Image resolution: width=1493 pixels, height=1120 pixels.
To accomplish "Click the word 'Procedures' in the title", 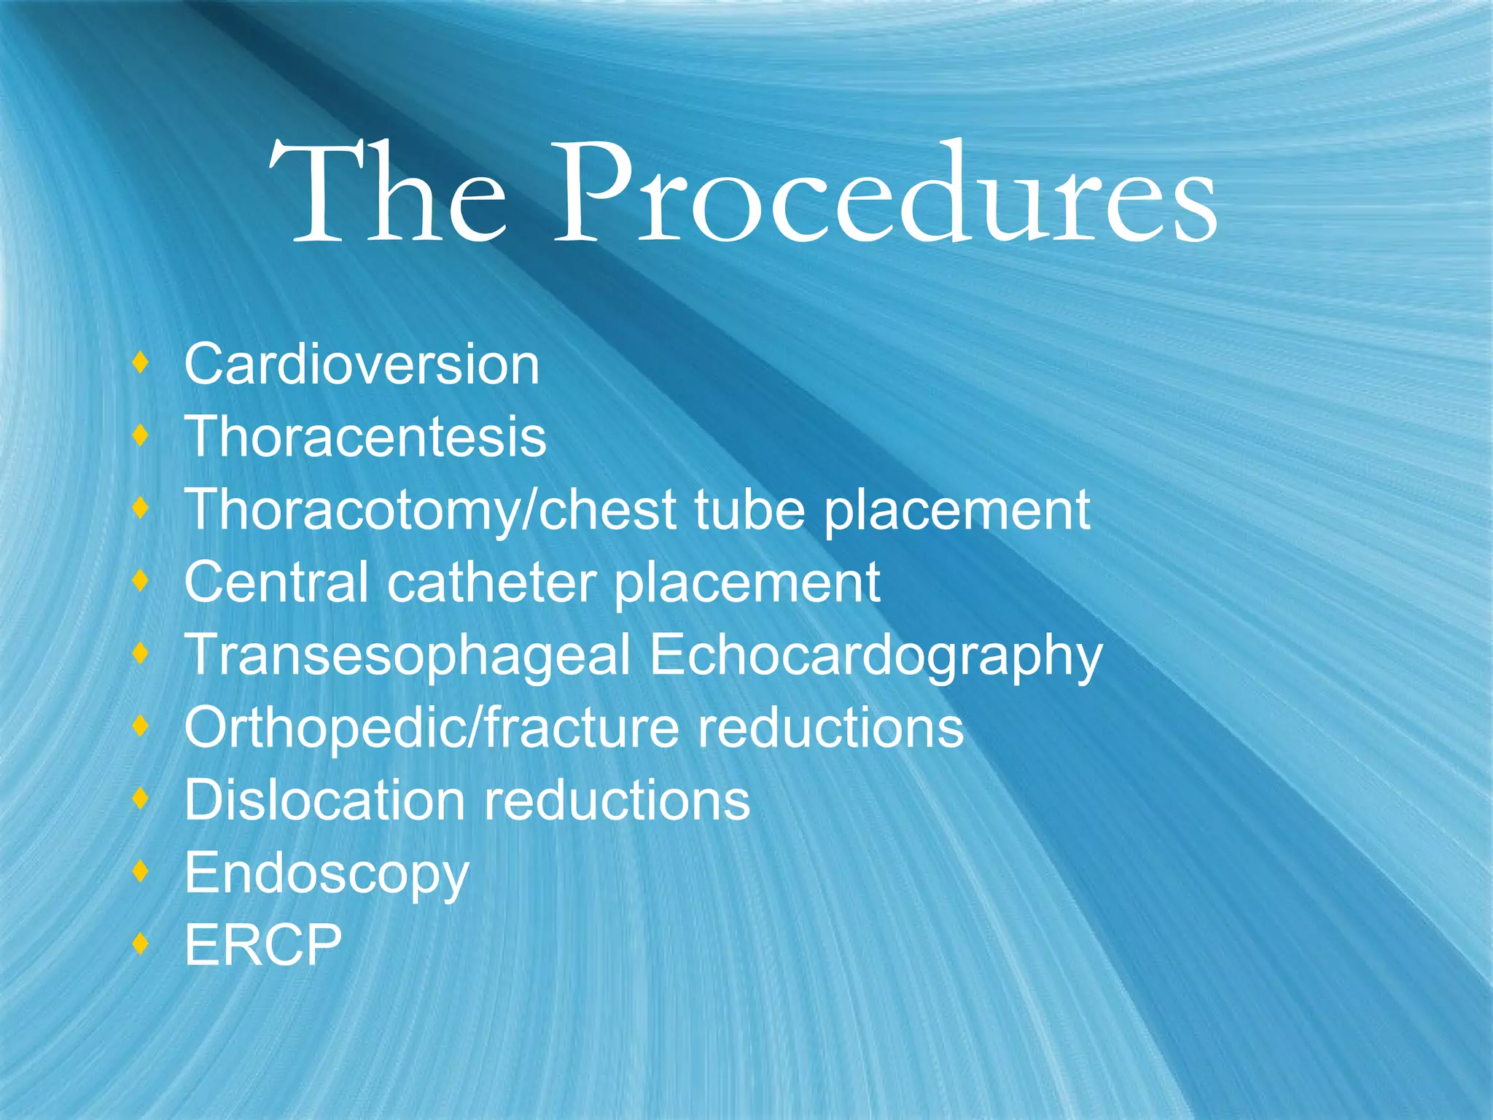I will coord(885,193).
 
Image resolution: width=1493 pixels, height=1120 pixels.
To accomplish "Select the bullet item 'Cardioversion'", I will coord(362,364).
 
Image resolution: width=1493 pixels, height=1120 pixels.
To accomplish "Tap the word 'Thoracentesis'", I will coord(365,437).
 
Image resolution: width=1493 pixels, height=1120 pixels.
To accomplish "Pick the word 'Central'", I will coord(276,582).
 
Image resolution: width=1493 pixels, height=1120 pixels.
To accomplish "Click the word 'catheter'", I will coord(491,582).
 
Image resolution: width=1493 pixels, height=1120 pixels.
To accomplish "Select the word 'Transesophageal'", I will coord(408,655).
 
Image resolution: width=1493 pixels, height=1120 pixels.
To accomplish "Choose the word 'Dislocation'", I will coord(324,800).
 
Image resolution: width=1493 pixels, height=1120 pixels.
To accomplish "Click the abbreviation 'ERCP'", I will coord(263,945).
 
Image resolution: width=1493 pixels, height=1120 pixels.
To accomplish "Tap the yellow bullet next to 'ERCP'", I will coord(141,944).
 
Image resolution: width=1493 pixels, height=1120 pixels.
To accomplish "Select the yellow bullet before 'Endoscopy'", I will coord(141,871).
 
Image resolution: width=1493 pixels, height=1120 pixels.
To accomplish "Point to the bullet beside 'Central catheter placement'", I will coord(141,580).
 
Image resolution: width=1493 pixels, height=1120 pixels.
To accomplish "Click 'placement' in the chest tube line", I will coord(957,511).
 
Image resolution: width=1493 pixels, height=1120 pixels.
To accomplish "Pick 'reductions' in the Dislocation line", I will coord(617,800).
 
